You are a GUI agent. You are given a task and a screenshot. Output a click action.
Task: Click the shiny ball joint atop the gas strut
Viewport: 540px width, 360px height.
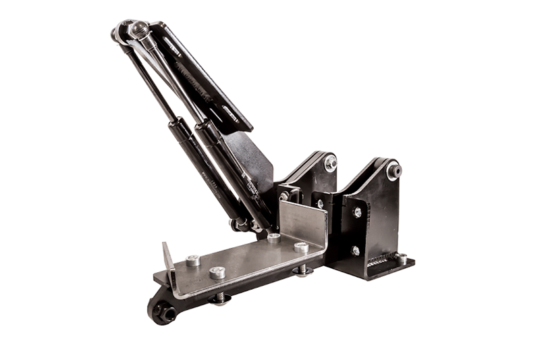click(x=139, y=28)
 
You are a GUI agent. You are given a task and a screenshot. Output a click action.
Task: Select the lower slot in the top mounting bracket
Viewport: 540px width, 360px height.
click(x=230, y=114)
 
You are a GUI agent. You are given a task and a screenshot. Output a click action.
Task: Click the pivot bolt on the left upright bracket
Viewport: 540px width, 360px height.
click(x=330, y=163)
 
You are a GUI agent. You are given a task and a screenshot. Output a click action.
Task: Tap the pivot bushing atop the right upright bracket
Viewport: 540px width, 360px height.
click(x=394, y=171)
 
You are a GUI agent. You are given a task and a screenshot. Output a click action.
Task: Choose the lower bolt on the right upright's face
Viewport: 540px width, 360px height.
click(x=356, y=251)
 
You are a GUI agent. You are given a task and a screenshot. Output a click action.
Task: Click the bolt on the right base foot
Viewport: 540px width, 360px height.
click(x=400, y=259)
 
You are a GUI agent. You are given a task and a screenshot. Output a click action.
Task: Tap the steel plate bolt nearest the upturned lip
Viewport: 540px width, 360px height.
click(x=192, y=260)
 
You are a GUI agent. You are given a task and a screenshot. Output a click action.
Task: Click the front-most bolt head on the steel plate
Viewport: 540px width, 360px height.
click(x=217, y=273)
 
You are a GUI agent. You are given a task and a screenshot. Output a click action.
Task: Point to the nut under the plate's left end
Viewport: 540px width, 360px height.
click(x=221, y=297)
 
